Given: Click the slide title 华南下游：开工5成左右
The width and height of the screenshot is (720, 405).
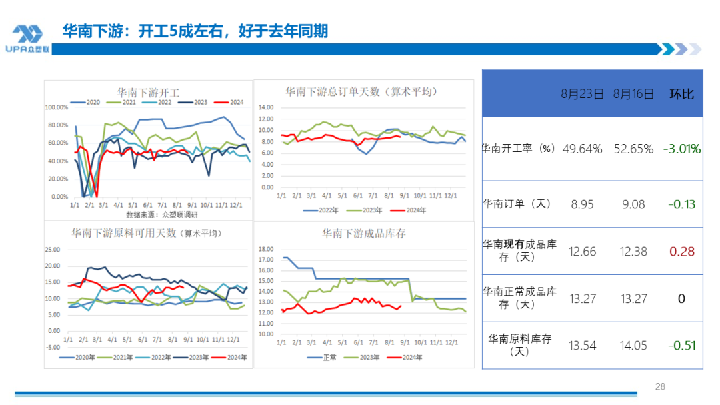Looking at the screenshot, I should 195,31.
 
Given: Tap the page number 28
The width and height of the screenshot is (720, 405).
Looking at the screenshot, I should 660,386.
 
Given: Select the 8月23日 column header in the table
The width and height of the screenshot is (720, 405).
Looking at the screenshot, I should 582,94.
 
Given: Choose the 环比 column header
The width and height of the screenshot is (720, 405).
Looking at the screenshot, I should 681,94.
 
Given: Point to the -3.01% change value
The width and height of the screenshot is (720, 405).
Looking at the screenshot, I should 681,149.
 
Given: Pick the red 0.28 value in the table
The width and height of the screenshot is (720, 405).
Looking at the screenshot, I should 681,251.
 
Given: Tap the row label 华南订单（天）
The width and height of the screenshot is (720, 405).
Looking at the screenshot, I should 517,204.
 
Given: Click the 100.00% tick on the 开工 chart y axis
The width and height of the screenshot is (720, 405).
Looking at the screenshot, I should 56,107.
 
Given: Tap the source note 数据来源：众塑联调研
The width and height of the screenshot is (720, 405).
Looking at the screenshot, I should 162,214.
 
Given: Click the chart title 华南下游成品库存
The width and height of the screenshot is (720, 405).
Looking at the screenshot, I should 364,234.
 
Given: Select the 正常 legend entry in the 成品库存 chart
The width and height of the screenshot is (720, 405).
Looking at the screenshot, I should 325,358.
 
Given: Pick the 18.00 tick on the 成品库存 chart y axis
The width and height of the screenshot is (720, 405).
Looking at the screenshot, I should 266,249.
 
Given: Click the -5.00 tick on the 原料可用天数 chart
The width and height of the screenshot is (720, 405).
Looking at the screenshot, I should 52,347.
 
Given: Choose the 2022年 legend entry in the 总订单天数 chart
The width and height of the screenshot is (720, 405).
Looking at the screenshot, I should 323,210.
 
